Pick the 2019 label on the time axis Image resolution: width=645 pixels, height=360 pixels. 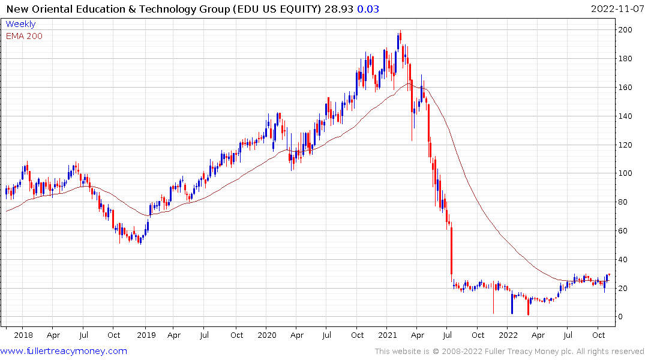point(145,335)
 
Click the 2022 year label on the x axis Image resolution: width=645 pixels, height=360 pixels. point(508,335)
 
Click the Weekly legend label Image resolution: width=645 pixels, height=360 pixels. point(20,24)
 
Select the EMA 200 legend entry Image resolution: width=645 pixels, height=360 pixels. point(24,36)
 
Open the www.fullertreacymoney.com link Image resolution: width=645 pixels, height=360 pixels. point(64,351)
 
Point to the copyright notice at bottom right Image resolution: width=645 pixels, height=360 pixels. point(509,351)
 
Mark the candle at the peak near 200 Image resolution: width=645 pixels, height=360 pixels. point(399,40)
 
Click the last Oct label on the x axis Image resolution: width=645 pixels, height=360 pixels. point(598,335)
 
